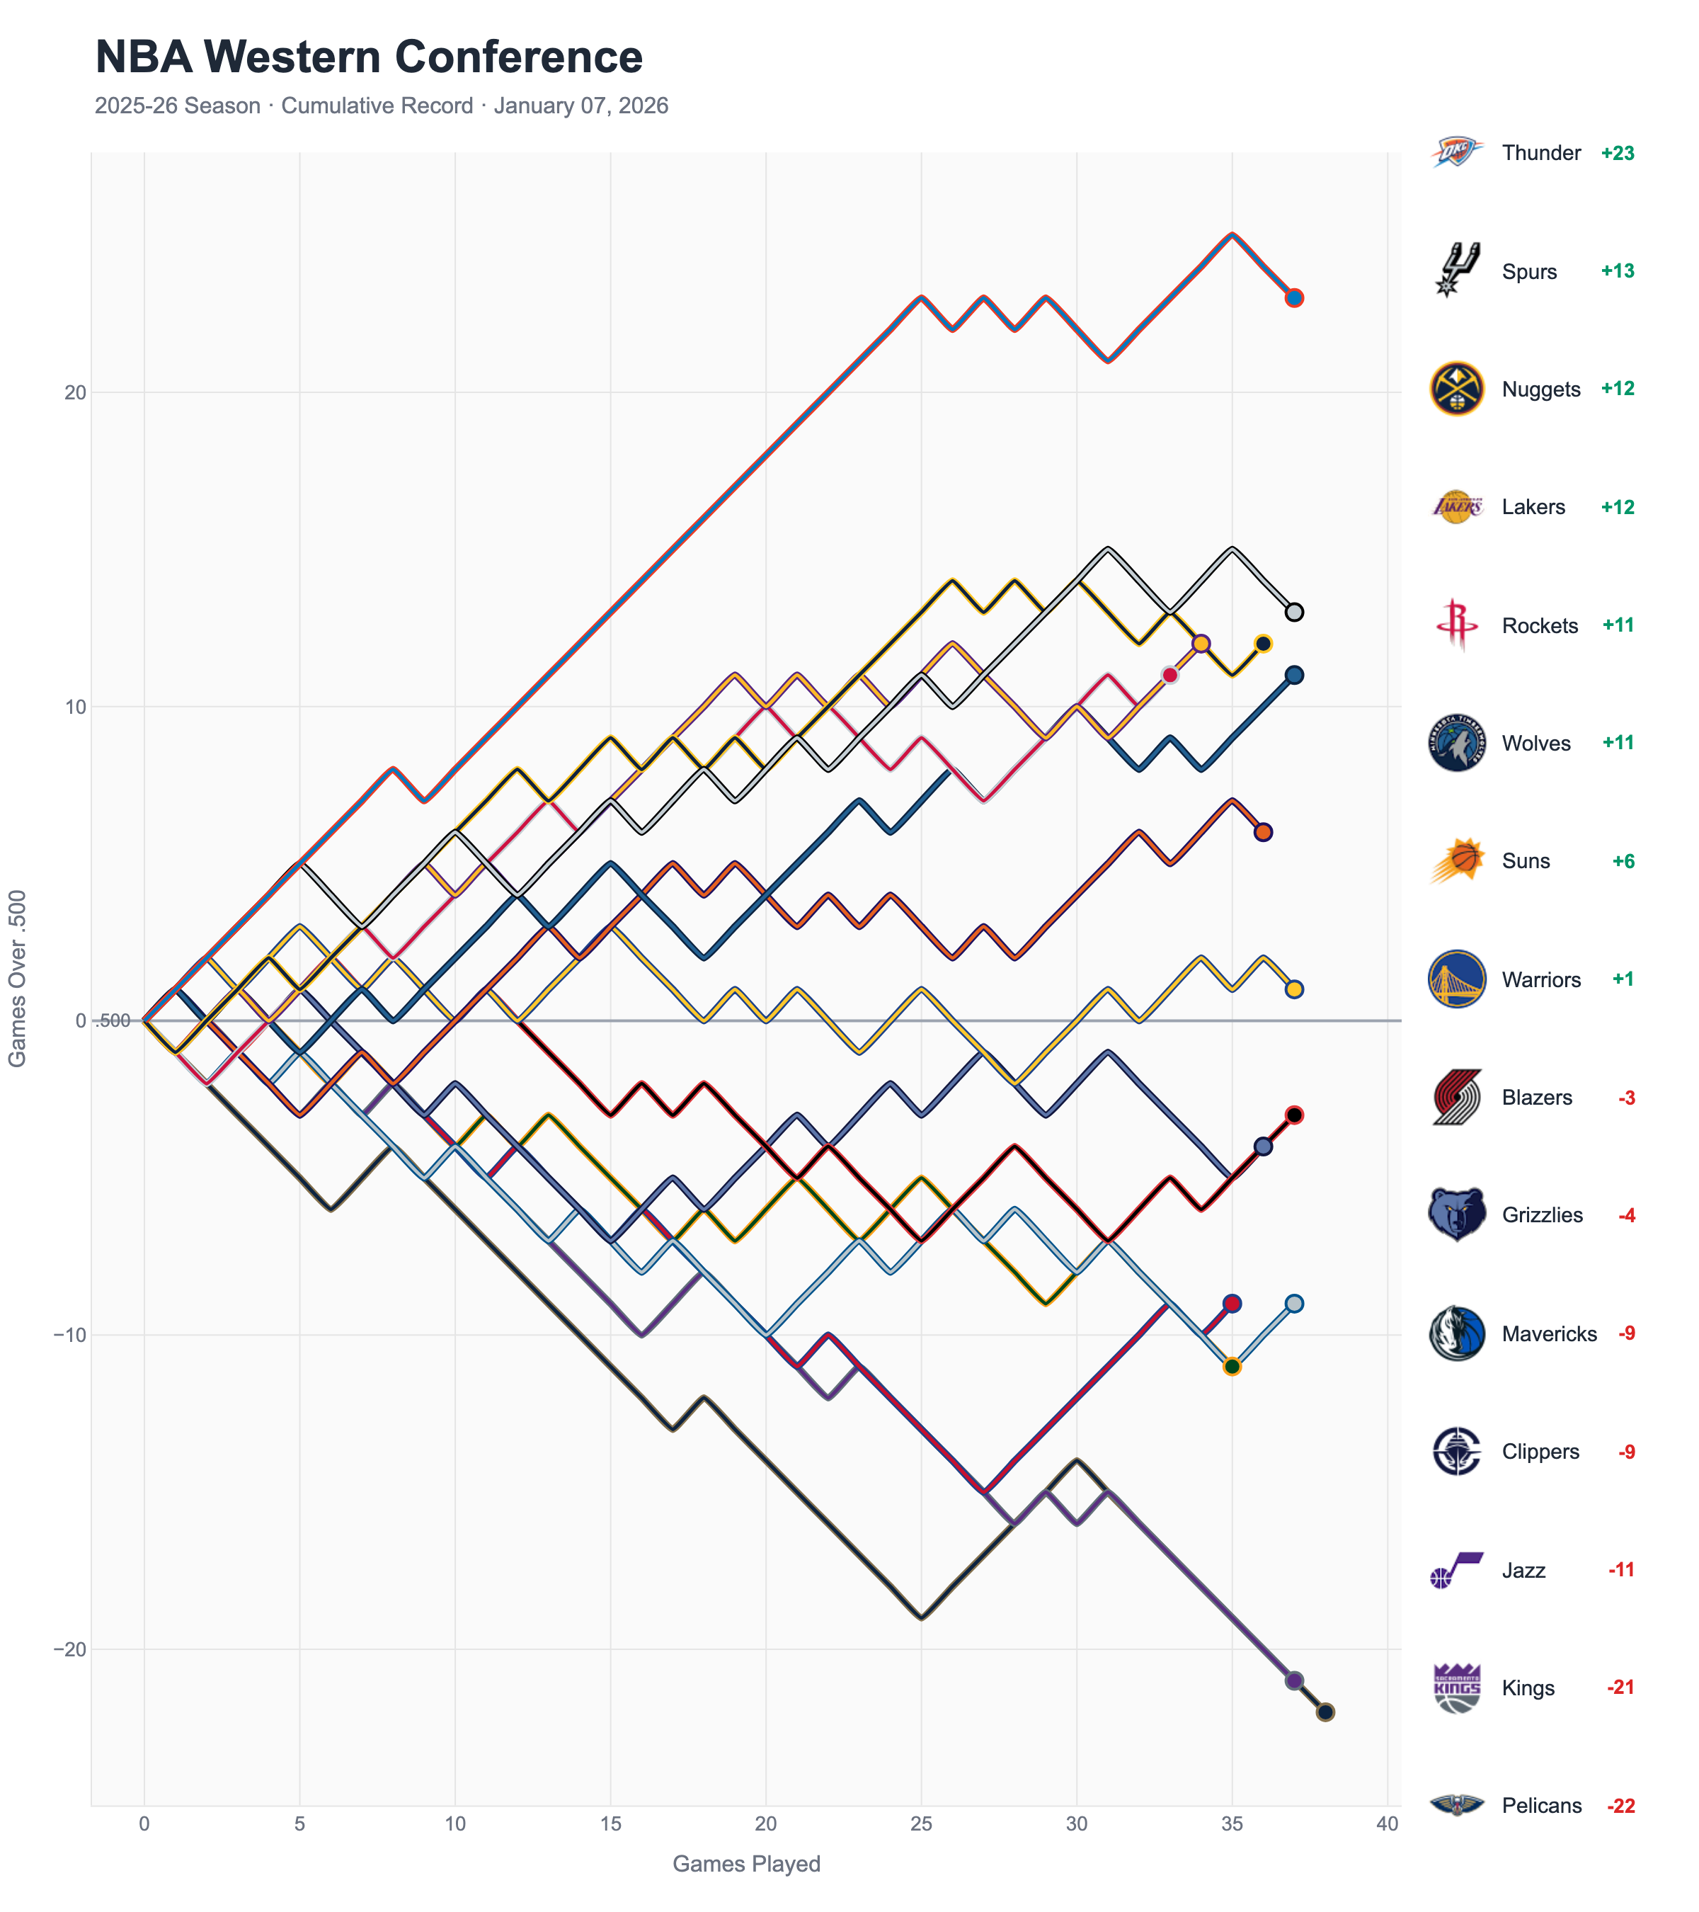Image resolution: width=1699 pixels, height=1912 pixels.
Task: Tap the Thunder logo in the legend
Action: (1456, 152)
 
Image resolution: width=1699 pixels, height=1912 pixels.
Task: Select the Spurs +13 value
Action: (1617, 271)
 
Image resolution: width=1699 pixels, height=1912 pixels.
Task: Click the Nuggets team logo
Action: (1456, 389)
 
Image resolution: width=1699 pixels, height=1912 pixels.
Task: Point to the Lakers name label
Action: (1533, 507)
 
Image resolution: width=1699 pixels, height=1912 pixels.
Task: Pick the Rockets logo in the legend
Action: (1456, 625)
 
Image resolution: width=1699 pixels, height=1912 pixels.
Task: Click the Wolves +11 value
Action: (1618, 743)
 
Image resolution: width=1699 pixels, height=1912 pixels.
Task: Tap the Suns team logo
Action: (1456, 860)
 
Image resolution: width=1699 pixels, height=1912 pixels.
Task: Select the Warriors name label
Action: (1541, 979)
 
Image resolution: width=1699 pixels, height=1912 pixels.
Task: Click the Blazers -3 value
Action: (1626, 1097)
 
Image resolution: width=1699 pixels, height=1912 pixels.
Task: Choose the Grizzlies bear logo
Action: (1456, 1215)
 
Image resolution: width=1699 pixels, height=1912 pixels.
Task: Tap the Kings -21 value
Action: (1620, 1688)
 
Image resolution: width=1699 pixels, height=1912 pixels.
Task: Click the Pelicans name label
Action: (1541, 1805)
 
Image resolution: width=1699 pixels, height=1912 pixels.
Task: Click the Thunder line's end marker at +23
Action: (1294, 297)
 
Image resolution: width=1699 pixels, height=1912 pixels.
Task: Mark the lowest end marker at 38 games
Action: (1325, 1712)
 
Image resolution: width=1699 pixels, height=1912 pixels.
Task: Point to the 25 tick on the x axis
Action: (921, 1823)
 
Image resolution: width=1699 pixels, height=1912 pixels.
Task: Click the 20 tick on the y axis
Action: (75, 393)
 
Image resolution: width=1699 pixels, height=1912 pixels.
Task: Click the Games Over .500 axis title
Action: (17, 977)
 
